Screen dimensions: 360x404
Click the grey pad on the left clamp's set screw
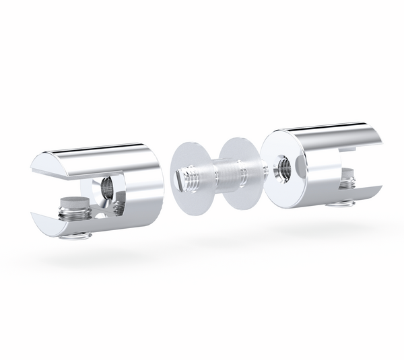[x=71, y=201]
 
